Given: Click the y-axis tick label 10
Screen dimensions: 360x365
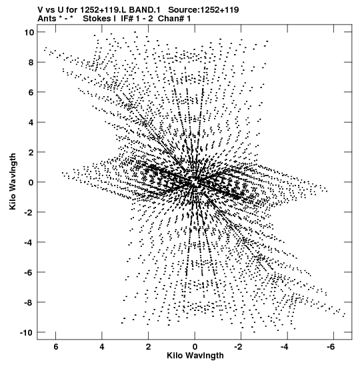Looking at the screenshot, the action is point(29,32).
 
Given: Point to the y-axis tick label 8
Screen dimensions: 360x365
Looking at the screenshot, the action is point(31,62).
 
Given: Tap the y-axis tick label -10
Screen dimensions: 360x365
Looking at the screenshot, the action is point(27,332).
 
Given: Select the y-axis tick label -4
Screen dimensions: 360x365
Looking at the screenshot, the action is point(29,242).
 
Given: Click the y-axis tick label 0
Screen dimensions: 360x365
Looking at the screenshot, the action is point(31,182).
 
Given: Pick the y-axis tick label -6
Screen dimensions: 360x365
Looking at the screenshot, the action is point(29,272).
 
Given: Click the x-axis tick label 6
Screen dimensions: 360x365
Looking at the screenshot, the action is point(56,347).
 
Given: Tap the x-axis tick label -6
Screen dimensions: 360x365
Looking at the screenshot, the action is point(331,347).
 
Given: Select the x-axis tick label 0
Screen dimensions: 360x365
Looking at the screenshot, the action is point(195,347).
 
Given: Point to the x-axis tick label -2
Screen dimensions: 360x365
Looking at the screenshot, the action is point(239,347).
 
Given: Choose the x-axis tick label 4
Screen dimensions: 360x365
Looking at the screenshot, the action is point(102,347).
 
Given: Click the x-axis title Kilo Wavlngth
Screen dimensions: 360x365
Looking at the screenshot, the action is point(195,356).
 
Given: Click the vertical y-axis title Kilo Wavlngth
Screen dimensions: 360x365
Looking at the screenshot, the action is point(13,181).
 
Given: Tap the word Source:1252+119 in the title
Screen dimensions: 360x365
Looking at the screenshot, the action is point(203,10).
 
